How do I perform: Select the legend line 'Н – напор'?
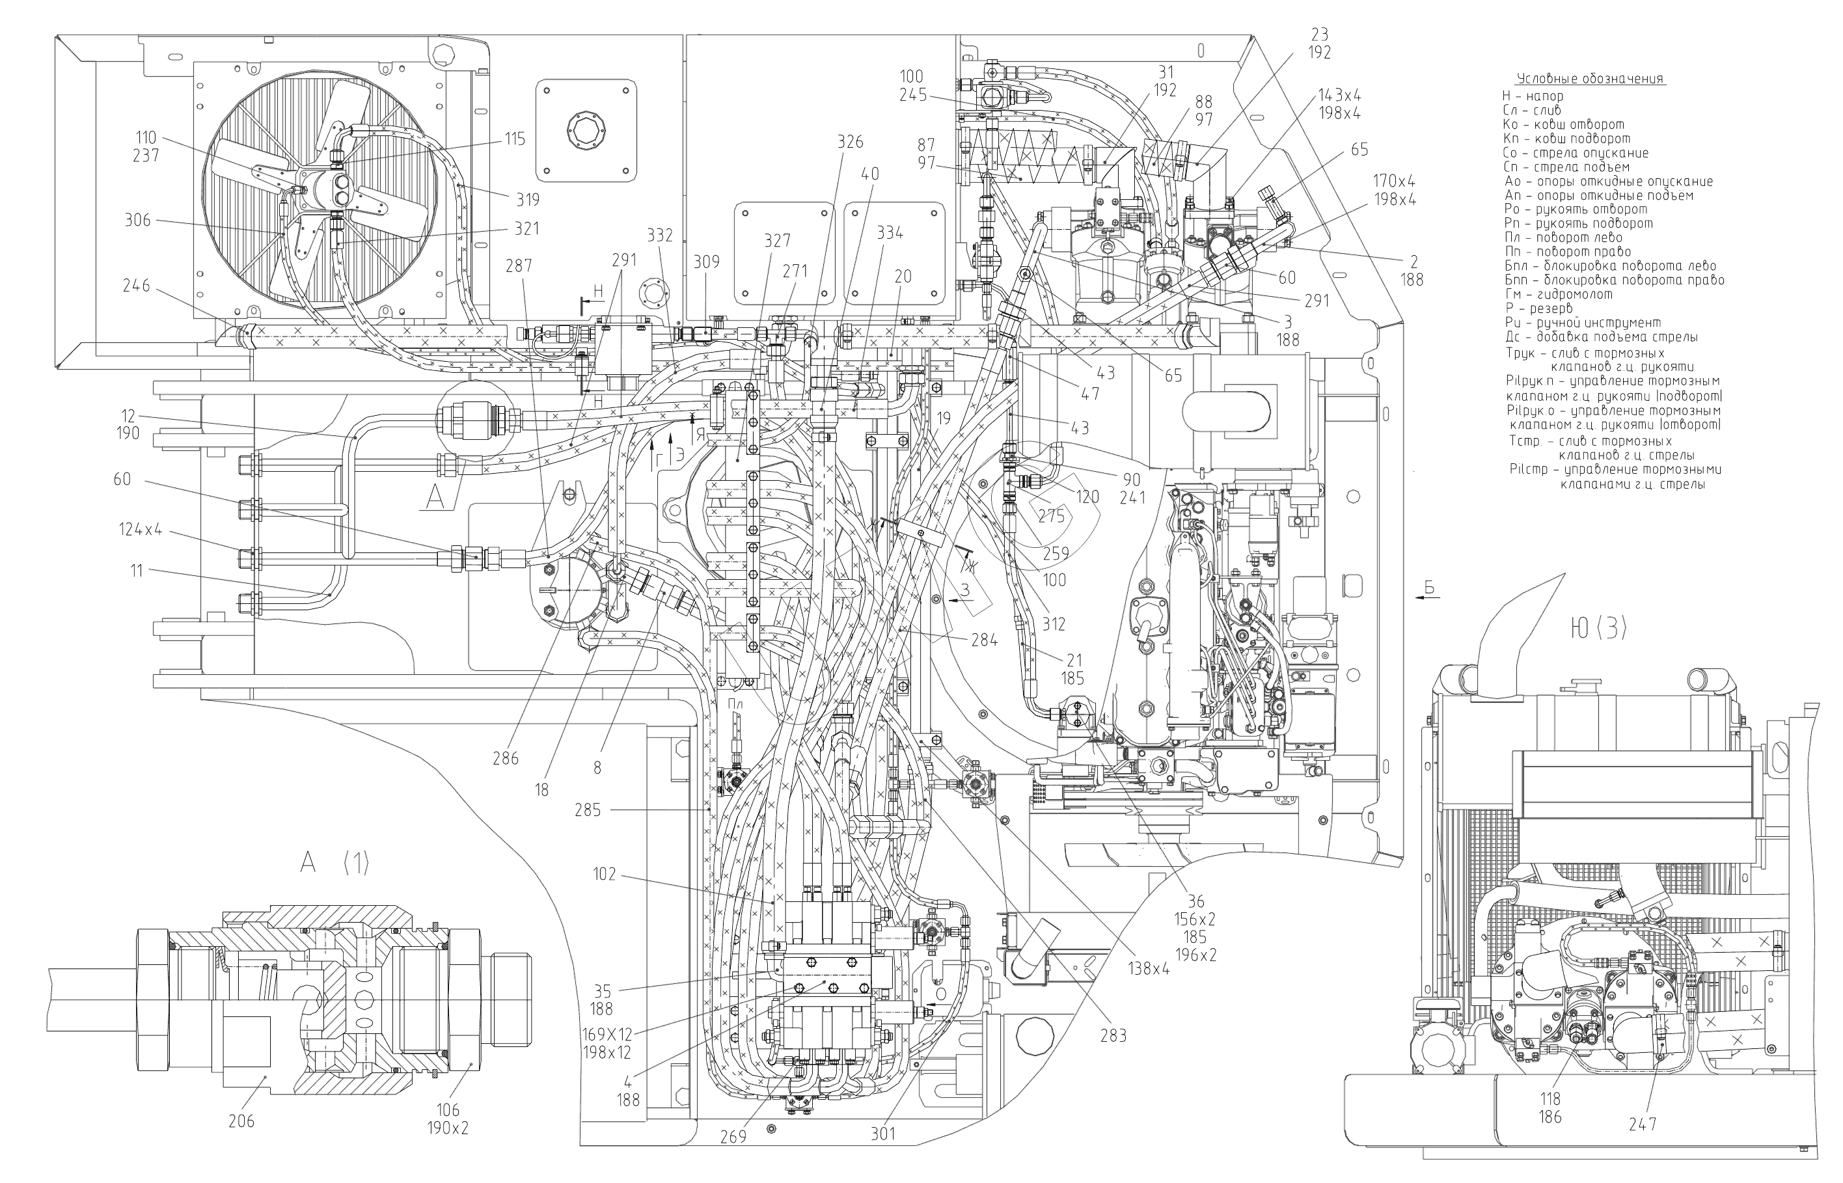(x=1532, y=97)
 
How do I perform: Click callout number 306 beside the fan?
(x=138, y=221)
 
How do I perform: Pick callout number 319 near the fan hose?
(x=527, y=200)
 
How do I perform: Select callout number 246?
(x=136, y=286)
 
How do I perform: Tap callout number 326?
(x=850, y=141)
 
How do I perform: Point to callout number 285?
(x=588, y=809)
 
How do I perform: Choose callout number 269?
(x=733, y=1137)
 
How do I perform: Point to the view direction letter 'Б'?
(x=1429, y=588)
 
